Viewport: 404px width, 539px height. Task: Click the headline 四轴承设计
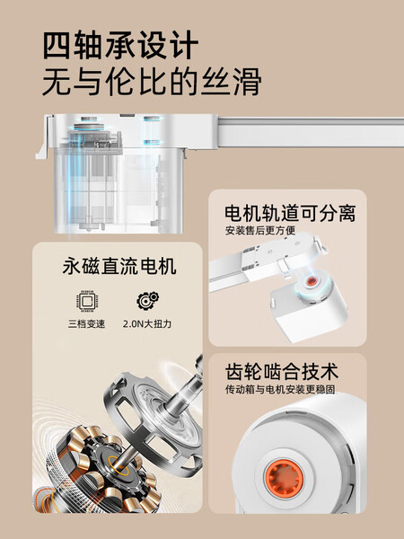pos(120,45)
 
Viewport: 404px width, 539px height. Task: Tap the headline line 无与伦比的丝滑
pos(152,82)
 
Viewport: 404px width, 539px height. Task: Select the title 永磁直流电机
pos(119,267)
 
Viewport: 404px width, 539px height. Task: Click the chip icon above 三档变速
pos(87,301)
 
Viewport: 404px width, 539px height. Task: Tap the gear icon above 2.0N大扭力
pos(148,301)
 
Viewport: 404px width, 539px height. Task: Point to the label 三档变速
pos(86,323)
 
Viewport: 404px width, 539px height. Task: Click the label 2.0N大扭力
pos(147,323)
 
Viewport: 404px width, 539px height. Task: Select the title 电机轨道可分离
pos(290,213)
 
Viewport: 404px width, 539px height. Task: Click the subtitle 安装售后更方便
pos(260,230)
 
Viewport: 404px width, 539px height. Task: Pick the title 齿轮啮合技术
pos(282,372)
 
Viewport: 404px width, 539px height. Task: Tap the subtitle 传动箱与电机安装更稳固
pos(280,389)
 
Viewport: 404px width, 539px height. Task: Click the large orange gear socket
pos(284,478)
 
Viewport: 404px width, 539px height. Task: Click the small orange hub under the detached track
pos(312,281)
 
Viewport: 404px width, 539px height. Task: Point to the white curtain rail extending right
pos(311,132)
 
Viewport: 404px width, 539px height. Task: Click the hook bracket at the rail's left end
pos(44,137)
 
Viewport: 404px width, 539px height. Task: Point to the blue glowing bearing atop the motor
pos(89,127)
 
